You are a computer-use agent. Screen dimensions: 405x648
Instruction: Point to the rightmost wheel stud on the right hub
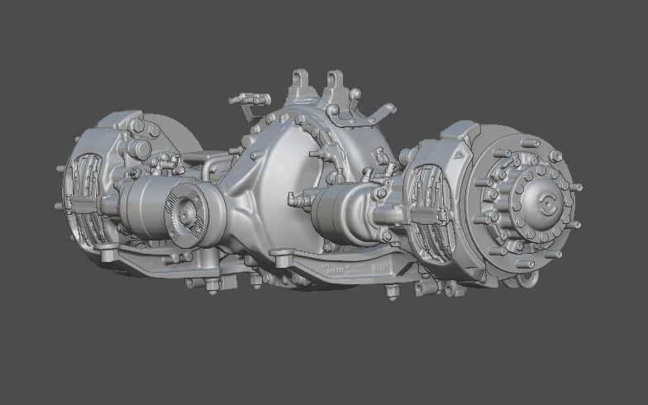576,188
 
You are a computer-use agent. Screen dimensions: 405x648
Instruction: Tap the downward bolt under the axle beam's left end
212,288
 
